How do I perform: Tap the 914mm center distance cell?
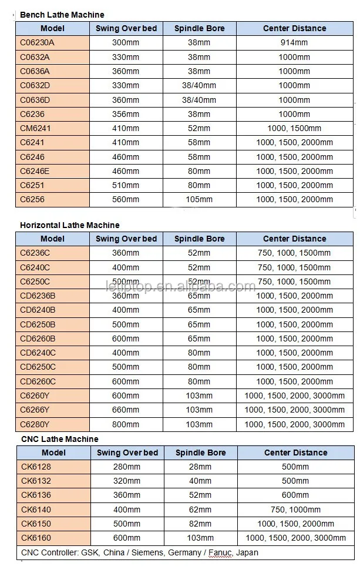(294, 43)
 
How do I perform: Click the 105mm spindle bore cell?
(199, 199)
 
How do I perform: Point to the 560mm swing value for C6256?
(126, 199)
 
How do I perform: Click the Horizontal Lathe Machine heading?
(69, 225)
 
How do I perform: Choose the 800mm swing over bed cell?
(126, 424)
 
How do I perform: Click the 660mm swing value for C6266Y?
(126, 410)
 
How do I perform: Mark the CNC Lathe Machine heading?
(59, 439)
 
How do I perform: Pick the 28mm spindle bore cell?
(200, 467)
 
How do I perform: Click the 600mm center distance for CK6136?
(295, 495)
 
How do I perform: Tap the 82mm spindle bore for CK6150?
(200, 524)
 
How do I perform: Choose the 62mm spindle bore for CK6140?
(200, 510)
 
